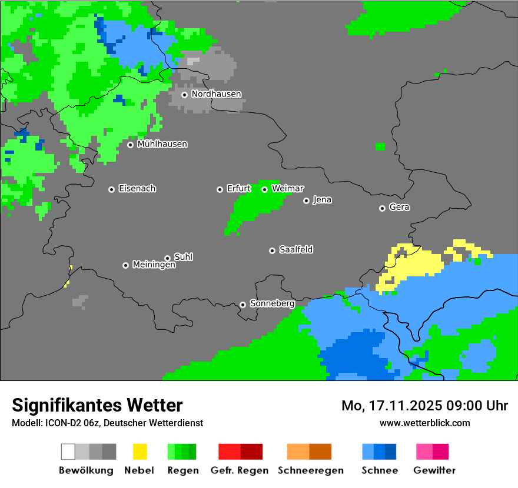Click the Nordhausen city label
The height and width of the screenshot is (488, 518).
tap(216, 94)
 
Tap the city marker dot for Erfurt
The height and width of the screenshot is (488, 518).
tap(220, 189)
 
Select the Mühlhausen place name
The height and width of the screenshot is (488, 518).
tap(162, 144)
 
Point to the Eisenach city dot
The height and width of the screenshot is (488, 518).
tap(111, 189)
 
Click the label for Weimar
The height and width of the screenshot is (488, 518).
tap(288, 189)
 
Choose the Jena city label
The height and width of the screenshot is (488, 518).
tap(322, 200)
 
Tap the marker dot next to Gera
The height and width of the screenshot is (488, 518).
tap(382, 208)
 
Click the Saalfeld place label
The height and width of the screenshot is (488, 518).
tap(295, 250)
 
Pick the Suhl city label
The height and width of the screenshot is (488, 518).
tap(184, 257)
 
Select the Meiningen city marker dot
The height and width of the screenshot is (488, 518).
tap(125, 265)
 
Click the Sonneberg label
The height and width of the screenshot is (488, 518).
tap(272, 304)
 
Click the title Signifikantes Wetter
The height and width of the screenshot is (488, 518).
tap(97, 405)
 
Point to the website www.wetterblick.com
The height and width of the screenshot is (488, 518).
tap(424, 423)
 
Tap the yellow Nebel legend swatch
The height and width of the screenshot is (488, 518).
tap(140, 452)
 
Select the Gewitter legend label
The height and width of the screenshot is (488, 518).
tap(434, 470)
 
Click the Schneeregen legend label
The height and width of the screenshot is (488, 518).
tap(310, 470)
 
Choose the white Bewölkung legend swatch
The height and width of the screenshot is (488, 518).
tap(68, 452)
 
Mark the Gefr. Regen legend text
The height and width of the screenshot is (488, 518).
tap(239, 470)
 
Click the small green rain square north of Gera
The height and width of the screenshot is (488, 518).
tap(380, 146)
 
